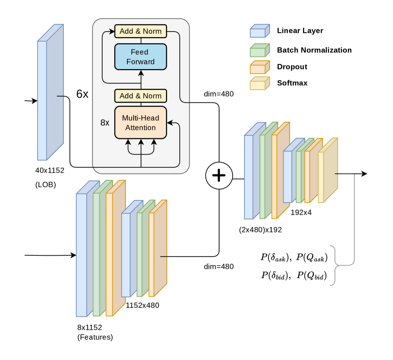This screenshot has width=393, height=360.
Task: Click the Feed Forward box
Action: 141,57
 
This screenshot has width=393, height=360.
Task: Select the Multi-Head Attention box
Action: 141,123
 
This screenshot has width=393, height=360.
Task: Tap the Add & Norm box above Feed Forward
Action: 141,32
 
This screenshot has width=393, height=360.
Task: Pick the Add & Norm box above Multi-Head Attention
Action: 141,96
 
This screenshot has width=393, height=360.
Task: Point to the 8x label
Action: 105,123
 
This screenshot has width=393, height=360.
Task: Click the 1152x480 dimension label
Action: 142,305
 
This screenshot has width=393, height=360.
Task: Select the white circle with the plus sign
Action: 219,176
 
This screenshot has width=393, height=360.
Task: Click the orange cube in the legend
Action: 260,67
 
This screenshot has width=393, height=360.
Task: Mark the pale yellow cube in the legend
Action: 260,83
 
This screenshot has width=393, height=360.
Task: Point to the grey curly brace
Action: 335,265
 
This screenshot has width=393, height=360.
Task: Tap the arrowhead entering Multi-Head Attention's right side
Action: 170,123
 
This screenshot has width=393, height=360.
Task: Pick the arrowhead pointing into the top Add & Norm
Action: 112,32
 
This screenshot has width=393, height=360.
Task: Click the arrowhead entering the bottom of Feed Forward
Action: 141,72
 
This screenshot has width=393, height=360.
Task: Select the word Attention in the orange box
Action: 141,127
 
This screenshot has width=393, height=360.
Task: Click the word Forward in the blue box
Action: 141,62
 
